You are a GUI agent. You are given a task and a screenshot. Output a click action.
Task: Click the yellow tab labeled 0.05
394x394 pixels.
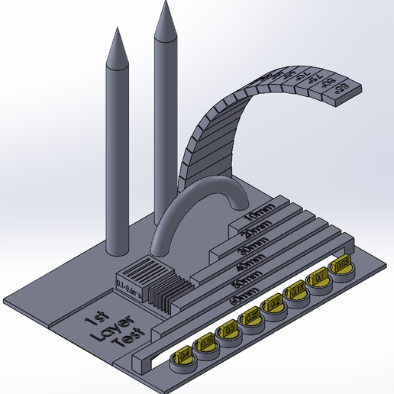coord(342,263)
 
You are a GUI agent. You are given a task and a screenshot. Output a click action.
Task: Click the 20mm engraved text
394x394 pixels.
coord(255,232)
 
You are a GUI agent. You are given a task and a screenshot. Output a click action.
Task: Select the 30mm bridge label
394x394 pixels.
coord(254,246)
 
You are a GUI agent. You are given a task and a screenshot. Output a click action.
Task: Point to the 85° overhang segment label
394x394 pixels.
coord(341,88)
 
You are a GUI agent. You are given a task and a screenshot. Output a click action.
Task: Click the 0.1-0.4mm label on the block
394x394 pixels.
coord(131,284)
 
